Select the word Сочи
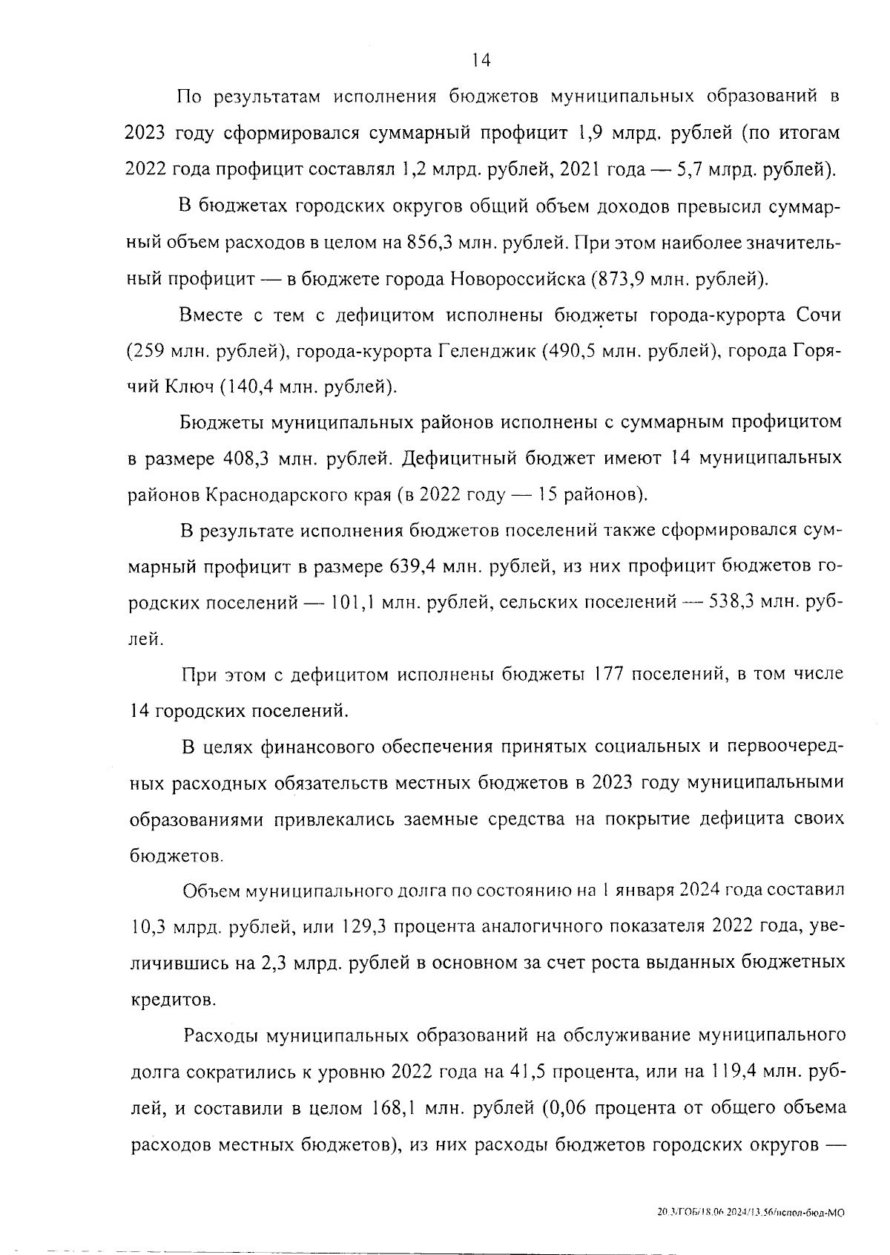[x=819, y=315]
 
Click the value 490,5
[x=574, y=350]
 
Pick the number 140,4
[x=252, y=387]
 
